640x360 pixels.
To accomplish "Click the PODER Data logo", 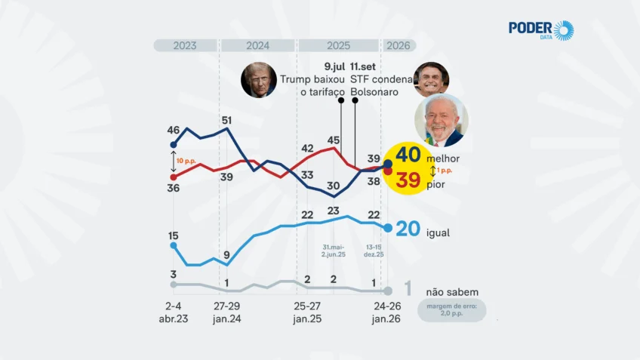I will (540, 30).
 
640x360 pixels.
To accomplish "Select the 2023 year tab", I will (185, 45).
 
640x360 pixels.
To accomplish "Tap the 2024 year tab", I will (257, 45).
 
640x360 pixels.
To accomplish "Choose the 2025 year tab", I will (338, 45).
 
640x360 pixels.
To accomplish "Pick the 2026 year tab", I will (398, 45).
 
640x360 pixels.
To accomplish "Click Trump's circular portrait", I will (259, 79).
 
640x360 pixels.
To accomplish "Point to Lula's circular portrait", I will (442, 119).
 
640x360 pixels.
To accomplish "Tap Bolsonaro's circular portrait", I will (431, 78).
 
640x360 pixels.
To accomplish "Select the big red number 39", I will (408, 180).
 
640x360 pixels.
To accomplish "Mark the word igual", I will (438, 233).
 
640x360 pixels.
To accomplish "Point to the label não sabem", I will (452, 292).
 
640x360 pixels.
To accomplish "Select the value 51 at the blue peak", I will (226, 120).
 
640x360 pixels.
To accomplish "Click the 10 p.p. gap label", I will (186, 161).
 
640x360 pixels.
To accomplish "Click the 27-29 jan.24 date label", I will (226, 313).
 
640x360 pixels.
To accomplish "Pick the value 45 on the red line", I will (334, 140).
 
